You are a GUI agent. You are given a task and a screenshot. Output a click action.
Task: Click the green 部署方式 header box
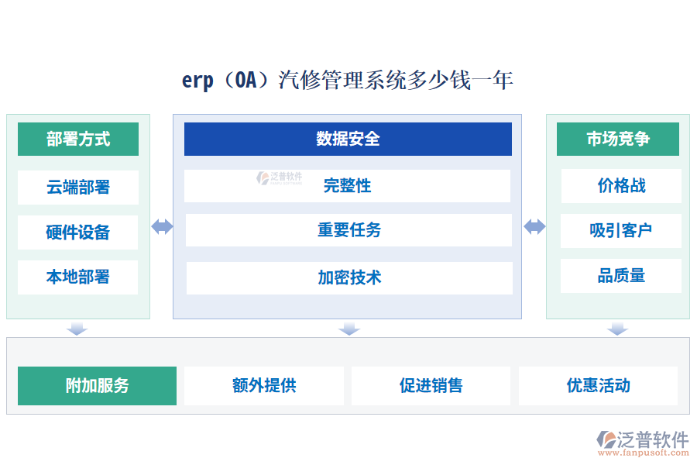pos(77,139)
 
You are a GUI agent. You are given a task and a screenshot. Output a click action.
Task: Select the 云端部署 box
pos(77,187)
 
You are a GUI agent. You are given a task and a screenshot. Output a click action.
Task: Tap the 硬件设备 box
pos(77,232)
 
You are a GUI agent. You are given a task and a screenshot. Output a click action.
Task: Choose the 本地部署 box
pos(77,277)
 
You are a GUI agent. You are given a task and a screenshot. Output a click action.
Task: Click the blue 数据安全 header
pos(348,139)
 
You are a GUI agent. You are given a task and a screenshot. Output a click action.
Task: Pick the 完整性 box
pos(348,186)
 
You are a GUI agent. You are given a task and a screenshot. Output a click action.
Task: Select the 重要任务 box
pos(348,230)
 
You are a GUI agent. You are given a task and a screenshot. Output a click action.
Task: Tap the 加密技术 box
pos(349,277)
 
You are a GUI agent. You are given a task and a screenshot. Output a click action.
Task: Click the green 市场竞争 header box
pos(618,139)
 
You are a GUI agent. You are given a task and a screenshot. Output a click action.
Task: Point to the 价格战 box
pos(621,186)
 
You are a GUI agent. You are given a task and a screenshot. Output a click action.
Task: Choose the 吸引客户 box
pos(621,230)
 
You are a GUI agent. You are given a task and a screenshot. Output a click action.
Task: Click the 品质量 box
pos(621,276)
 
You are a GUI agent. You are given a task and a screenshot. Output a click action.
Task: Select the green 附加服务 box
pos(97,386)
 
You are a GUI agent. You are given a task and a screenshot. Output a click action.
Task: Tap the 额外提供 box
pos(264,386)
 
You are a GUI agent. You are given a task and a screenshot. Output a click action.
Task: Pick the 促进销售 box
pos(431,386)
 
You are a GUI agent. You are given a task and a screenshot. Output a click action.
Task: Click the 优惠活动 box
pos(598,386)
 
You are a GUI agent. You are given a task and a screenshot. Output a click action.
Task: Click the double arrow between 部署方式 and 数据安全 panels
pos(162,226)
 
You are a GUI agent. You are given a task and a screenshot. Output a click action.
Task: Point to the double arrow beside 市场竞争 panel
pos(534,226)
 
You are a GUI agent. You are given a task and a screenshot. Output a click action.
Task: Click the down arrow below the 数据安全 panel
pos(349,329)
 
